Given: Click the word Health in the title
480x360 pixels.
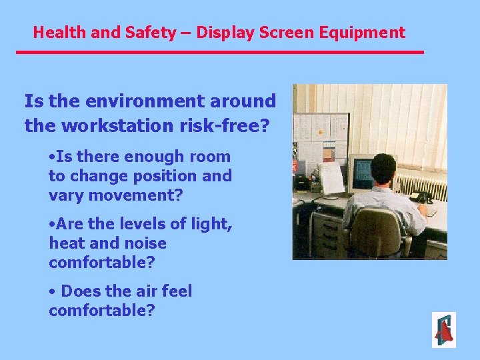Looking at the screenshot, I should pyautogui.click(x=55, y=32).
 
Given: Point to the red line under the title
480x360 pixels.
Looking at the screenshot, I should pyautogui.click(x=220, y=52).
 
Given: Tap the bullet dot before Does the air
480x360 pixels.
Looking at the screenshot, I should pyautogui.click(x=53, y=292).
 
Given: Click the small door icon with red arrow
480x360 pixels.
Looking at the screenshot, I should pyautogui.click(x=443, y=330).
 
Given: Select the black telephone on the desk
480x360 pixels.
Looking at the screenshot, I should pyautogui.click(x=422, y=197).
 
